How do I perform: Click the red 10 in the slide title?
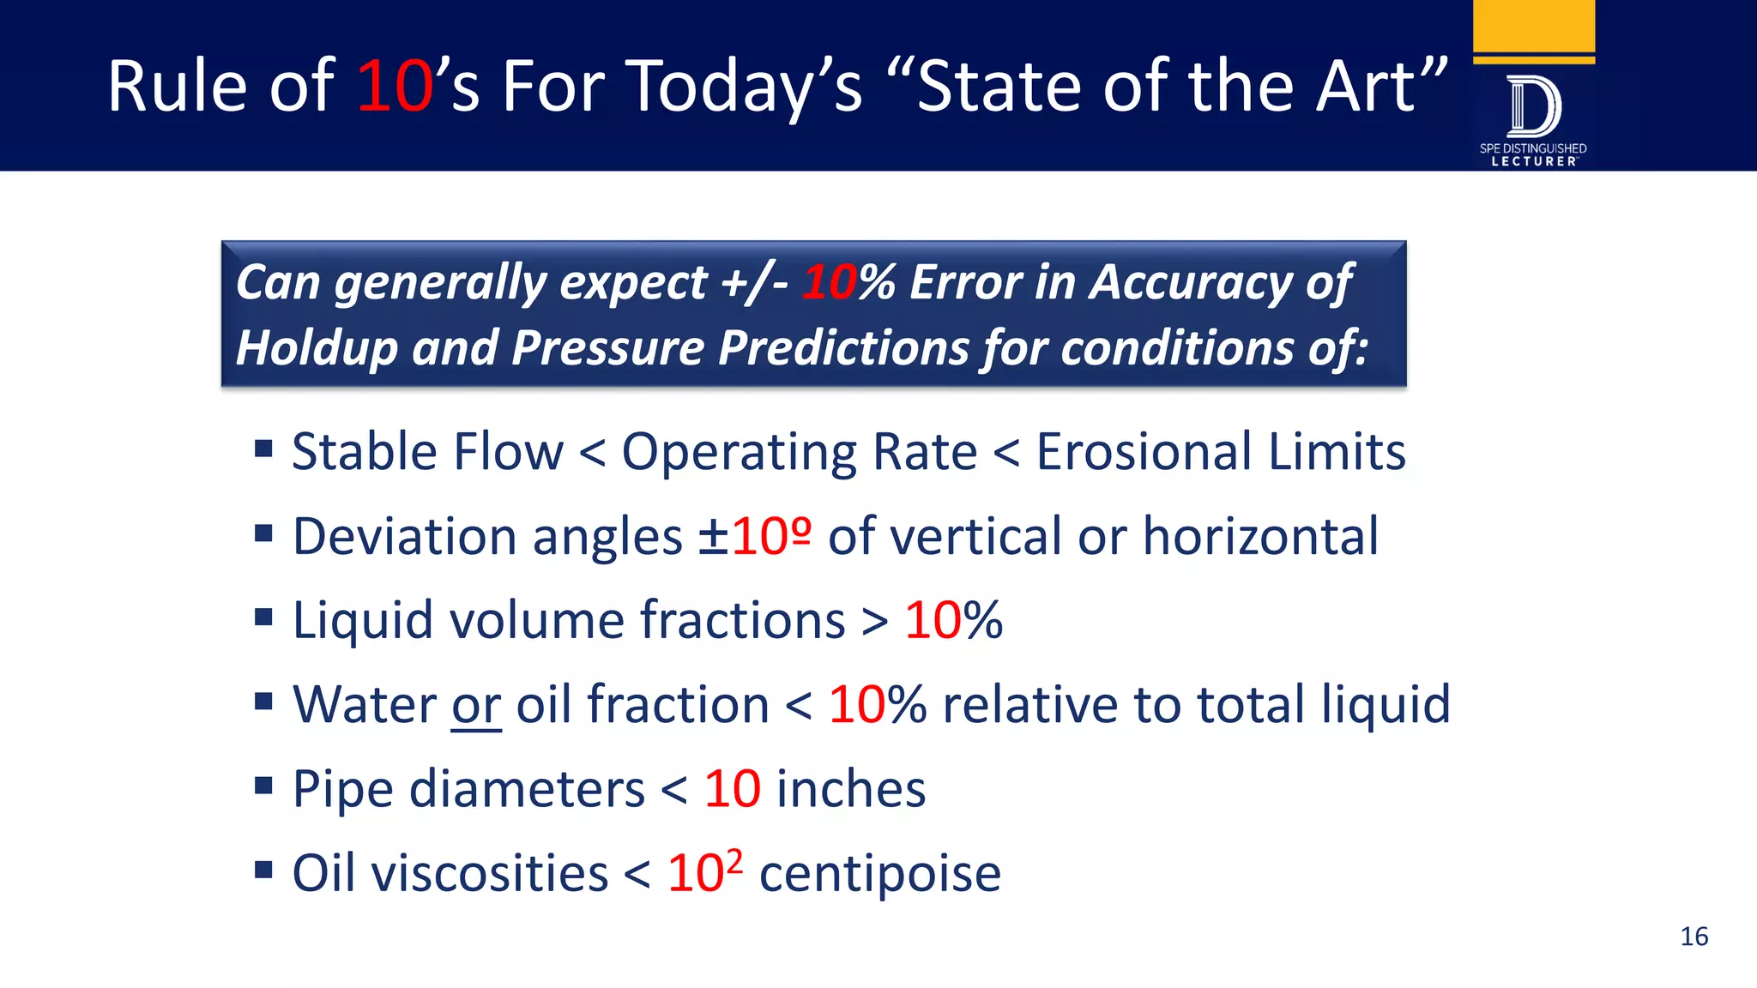(395, 87)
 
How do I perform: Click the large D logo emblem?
(1534, 107)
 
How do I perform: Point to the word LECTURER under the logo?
(1534, 161)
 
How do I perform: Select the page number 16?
(1694, 937)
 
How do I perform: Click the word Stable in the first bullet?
(363, 452)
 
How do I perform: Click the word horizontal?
(1260, 537)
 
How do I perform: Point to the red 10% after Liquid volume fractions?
(953, 620)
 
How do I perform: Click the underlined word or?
(476, 705)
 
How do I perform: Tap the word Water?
(365, 705)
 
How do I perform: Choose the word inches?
(850, 789)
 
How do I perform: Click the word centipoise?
(879, 874)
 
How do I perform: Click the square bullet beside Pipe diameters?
(263, 786)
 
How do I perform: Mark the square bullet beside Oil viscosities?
(263, 871)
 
